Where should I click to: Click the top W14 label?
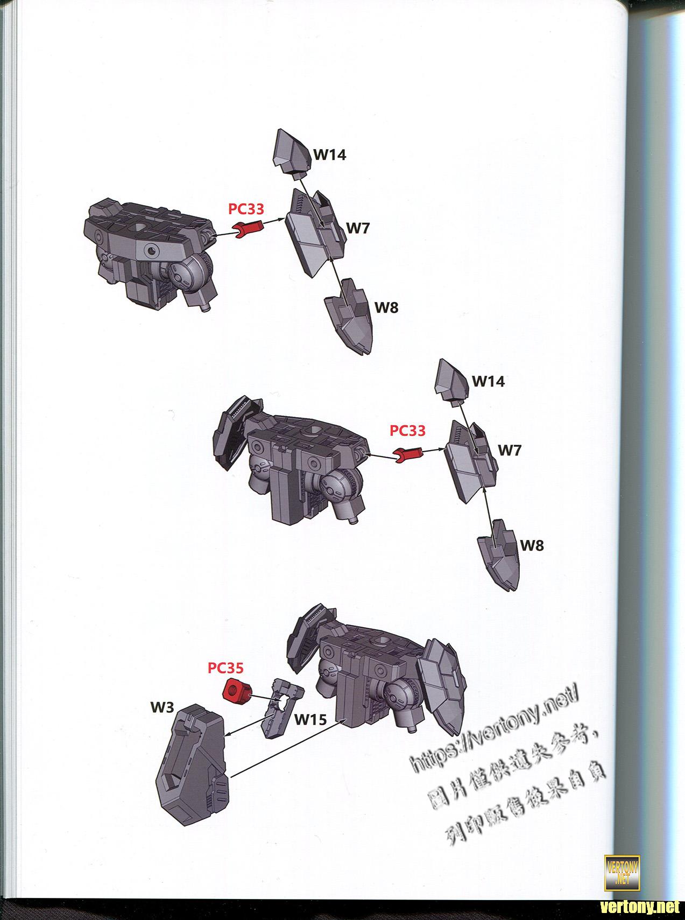click(x=330, y=154)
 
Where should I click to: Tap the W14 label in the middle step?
click(x=489, y=381)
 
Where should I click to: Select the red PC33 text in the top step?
click(x=246, y=209)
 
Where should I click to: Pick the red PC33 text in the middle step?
click(x=407, y=431)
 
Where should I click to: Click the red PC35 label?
click(x=226, y=668)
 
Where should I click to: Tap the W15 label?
click(x=310, y=719)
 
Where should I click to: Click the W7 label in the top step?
click(x=358, y=228)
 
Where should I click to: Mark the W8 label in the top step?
click(x=386, y=307)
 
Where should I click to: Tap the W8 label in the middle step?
click(x=532, y=545)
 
